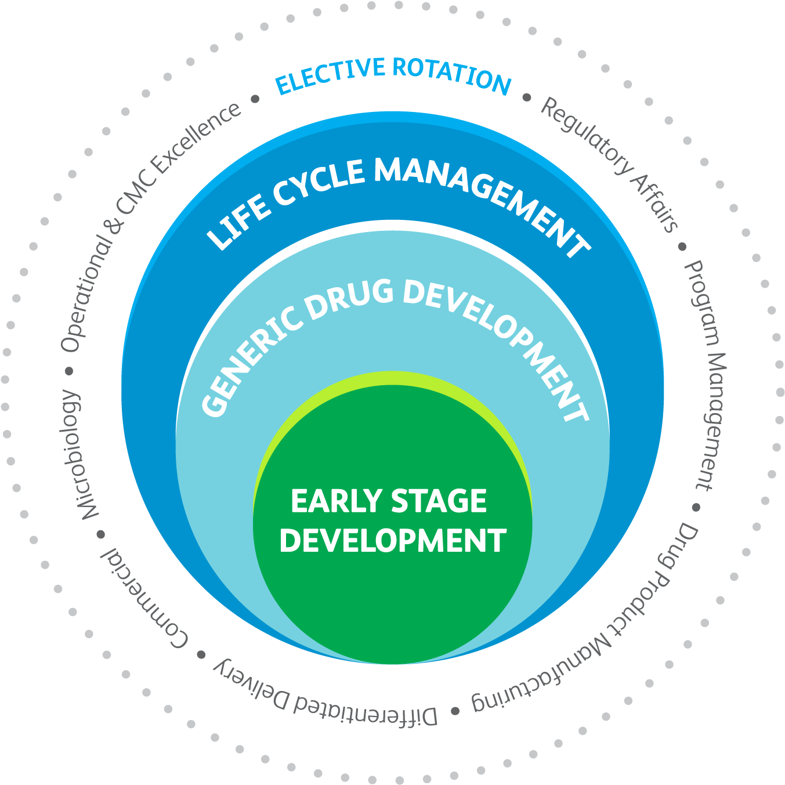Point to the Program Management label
click(707, 375)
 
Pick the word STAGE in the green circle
click(439, 501)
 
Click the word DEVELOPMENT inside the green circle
click(393, 541)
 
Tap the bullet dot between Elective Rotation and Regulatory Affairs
click(527, 97)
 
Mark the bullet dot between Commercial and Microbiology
click(101, 534)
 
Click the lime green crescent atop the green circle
click(393, 378)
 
